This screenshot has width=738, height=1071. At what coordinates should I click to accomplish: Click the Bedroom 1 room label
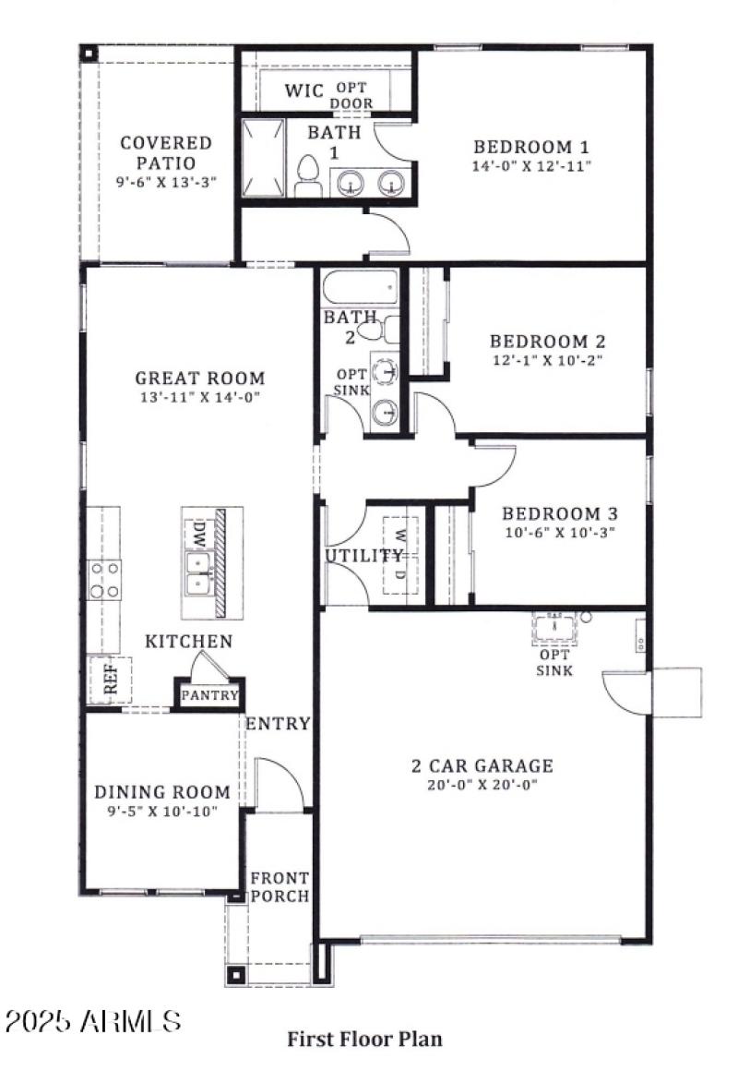(531, 147)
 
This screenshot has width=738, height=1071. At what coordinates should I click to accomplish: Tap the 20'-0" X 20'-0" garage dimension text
(482, 785)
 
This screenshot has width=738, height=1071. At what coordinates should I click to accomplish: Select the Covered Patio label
(166, 153)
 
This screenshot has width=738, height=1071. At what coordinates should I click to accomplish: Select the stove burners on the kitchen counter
(103, 580)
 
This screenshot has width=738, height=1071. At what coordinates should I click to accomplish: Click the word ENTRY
(278, 723)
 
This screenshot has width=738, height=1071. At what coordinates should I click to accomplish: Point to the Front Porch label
(280, 887)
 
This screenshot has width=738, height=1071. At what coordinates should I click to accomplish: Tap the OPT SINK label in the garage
(554, 663)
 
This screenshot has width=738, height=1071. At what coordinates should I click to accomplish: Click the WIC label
(304, 90)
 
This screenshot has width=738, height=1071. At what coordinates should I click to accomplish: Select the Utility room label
(363, 556)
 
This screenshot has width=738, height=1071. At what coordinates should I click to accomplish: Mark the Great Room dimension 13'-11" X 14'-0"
(200, 397)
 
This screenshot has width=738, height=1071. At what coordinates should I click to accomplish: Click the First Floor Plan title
(364, 1039)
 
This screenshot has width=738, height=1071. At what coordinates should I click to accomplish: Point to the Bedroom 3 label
(558, 514)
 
